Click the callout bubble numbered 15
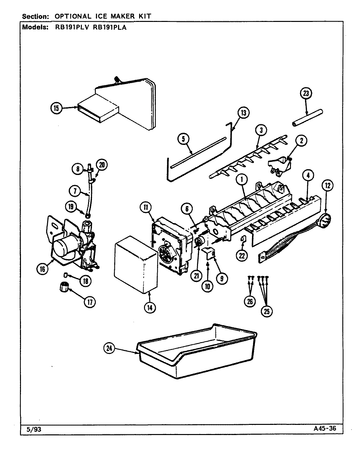[x=56, y=108]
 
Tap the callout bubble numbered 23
[x=306, y=94]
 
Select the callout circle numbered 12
[x=328, y=186]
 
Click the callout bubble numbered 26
[x=250, y=302]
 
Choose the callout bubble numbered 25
[x=266, y=311]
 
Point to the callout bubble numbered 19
[x=71, y=206]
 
